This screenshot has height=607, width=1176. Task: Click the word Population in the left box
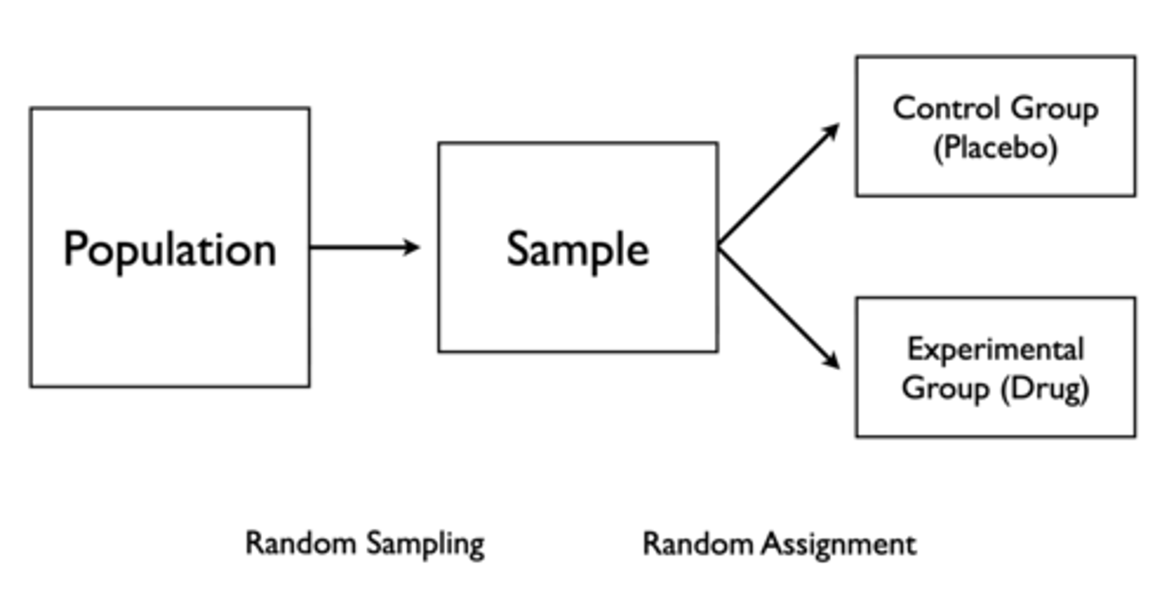pyautogui.click(x=170, y=248)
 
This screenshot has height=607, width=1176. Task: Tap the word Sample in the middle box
pyautogui.click(x=577, y=248)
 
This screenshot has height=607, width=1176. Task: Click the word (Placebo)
pyautogui.click(x=995, y=149)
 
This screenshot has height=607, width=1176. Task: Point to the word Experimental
pyautogui.click(x=995, y=350)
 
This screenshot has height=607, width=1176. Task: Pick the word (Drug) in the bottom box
pyautogui.click(x=1045, y=388)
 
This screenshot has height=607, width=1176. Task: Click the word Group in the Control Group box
pyautogui.click(x=1054, y=109)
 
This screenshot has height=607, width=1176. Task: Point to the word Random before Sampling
pyautogui.click(x=301, y=543)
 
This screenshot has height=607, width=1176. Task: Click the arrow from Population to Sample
pyautogui.click(x=363, y=247)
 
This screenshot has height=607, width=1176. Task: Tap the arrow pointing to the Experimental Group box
pyautogui.click(x=777, y=308)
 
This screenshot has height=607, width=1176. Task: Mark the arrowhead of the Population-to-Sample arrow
pyautogui.click(x=412, y=247)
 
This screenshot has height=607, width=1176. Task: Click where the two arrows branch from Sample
pyautogui.click(x=719, y=247)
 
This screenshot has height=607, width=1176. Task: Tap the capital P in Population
pyautogui.click(x=76, y=248)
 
